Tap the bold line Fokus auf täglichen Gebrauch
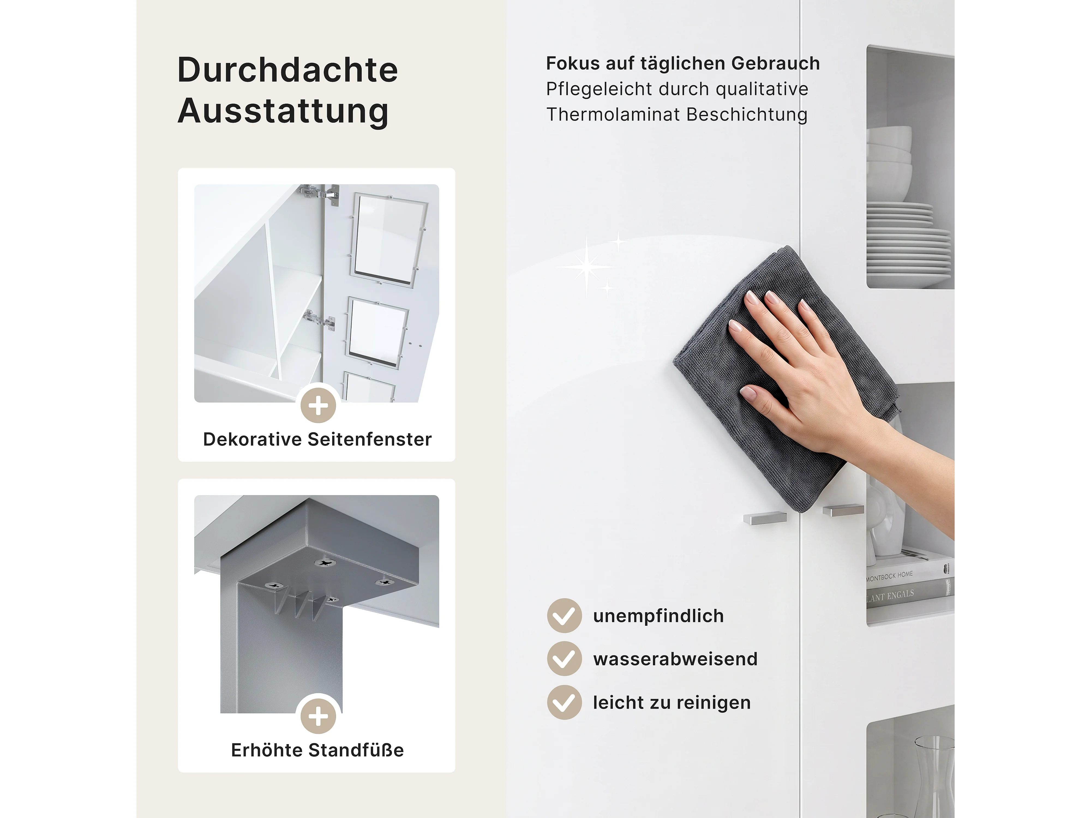683,64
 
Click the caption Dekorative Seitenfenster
317,439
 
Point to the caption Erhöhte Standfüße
317,750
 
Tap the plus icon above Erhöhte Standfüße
318,716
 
